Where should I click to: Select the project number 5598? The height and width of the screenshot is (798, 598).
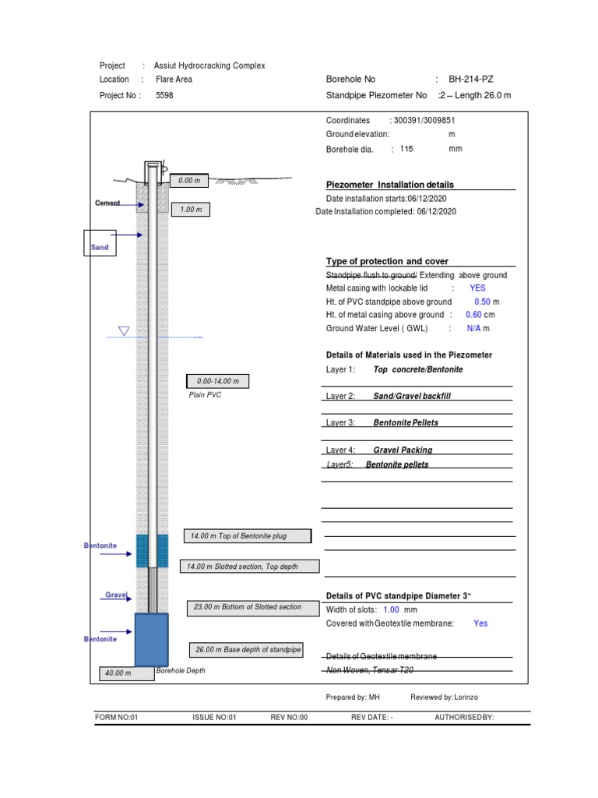[x=164, y=95]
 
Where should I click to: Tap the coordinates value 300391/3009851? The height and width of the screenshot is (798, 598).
[x=424, y=121]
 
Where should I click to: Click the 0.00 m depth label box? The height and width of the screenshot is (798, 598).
[x=189, y=181]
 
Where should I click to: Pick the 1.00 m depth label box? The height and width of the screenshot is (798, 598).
[x=191, y=210]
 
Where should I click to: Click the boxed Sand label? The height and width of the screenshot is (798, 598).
[x=100, y=243]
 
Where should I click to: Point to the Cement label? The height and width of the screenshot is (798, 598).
[x=107, y=203]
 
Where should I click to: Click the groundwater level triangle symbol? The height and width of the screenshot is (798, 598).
[x=123, y=332]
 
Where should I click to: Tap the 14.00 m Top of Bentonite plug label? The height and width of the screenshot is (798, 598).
[x=247, y=536]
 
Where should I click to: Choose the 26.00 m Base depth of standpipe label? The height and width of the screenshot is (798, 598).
[x=246, y=650]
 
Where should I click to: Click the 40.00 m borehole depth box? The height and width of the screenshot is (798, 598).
[x=118, y=673]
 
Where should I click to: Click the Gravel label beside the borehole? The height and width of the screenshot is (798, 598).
[x=116, y=595]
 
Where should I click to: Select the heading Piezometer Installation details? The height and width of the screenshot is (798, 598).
[x=389, y=185]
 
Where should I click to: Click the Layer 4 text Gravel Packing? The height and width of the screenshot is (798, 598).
[x=403, y=450]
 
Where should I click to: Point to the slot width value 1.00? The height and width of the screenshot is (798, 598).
[x=391, y=609]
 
